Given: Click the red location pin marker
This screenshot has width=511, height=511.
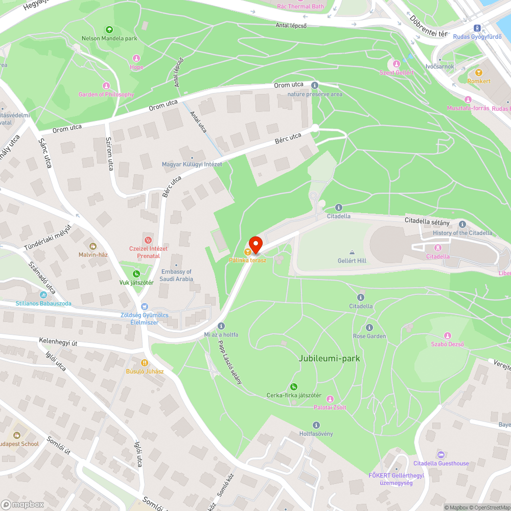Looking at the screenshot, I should point(255,244).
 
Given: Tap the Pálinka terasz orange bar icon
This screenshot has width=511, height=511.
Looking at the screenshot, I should point(247,251).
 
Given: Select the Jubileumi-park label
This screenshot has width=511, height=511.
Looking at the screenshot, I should point(329,358).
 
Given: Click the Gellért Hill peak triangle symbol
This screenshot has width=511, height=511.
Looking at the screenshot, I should point(352,252).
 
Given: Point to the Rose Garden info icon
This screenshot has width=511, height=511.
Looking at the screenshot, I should point(369,328).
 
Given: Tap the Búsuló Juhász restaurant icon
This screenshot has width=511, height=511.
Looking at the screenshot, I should point(145,362).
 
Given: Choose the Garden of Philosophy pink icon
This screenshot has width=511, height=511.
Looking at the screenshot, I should point(106,85).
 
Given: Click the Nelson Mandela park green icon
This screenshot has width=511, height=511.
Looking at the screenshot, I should point(109,30).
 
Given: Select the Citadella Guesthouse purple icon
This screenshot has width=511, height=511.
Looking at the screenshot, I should point(441,455).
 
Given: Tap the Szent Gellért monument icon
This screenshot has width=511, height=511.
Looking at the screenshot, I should point(396,64).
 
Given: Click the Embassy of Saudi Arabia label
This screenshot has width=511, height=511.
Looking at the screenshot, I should point(176,275).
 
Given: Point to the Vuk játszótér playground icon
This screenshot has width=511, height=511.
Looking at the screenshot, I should point(136,274).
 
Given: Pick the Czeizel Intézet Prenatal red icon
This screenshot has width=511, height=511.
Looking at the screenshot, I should point(148,239).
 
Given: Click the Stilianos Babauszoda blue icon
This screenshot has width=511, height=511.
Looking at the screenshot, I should point(42,295).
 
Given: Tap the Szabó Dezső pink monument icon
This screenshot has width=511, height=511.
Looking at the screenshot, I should point(447,336).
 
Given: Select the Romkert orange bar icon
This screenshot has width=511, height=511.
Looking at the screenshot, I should point(479,73).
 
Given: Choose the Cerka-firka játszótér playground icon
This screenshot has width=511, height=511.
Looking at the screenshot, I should point(294,387).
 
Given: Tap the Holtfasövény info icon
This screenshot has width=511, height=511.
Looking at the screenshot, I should point(316,425).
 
